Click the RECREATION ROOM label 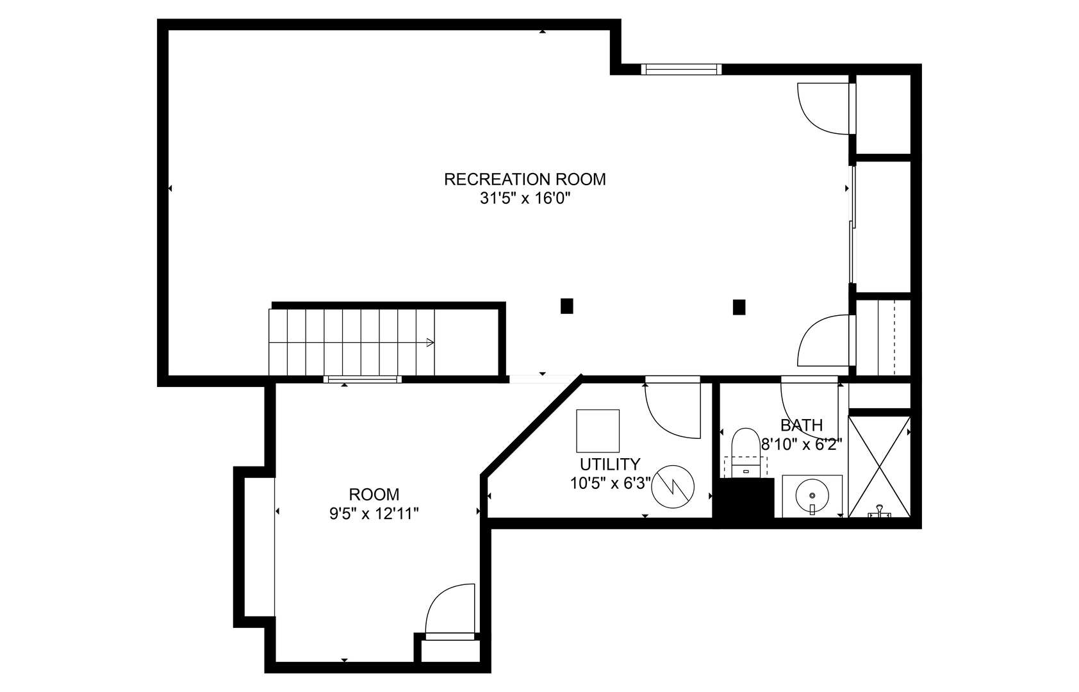click(525, 179)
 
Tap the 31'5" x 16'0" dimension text click(525, 199)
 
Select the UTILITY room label click(610, 465)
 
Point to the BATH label click(802, 425)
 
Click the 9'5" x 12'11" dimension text click(374, 514)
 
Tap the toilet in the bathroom click(746, 452)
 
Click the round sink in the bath click(812, 495)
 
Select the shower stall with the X click(879, 466)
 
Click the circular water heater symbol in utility click(672, 486)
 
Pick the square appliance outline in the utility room click(598, 431)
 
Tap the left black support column click(567, 306)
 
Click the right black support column click(739, 307)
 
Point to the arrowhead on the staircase click(430, 342)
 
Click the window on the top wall click(682, 69)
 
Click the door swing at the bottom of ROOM click(450, 611)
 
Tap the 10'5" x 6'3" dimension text click(611, 483)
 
